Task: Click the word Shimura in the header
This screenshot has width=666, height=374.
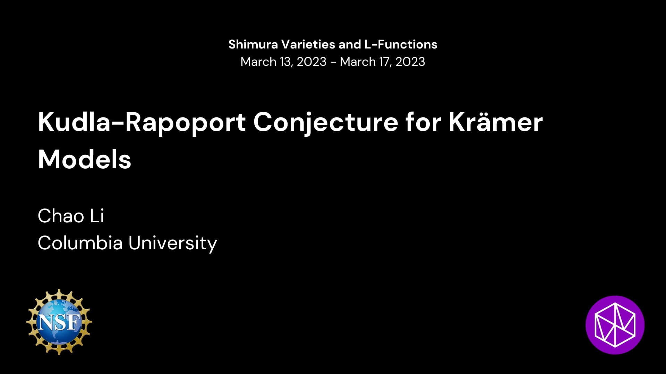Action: pos(253,44)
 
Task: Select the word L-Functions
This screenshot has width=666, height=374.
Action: pos(401,44)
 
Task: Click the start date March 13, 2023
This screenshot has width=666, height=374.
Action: pos(283,62)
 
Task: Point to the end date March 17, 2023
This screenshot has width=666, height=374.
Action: pos(382,62)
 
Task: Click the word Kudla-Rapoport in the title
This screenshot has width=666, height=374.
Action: pos(142,122)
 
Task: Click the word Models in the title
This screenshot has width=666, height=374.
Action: pos(85,159)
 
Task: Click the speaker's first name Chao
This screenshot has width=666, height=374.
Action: pos(61,216)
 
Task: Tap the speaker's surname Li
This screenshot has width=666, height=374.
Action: pos(97,216)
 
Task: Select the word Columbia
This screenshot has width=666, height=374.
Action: pos(80,243)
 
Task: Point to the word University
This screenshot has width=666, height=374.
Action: pos(173,243)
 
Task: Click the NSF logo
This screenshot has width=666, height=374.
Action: pos(59,322)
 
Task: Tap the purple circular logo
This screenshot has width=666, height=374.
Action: pos(615,325)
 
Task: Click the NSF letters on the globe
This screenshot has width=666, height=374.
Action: pos(59,322)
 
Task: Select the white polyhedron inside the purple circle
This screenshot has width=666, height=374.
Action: pos(615,325)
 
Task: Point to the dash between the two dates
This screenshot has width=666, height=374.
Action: pos(333,62)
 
